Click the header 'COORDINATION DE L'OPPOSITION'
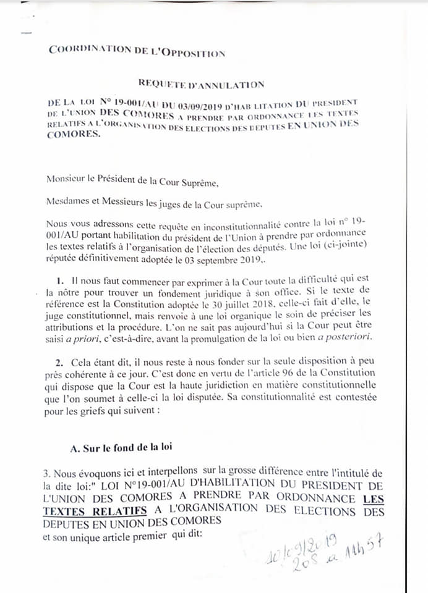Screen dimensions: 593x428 (x=137, y=51)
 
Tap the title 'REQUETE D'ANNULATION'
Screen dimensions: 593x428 (x=201, y=84)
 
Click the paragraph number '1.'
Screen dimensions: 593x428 (x=61, y=280)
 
